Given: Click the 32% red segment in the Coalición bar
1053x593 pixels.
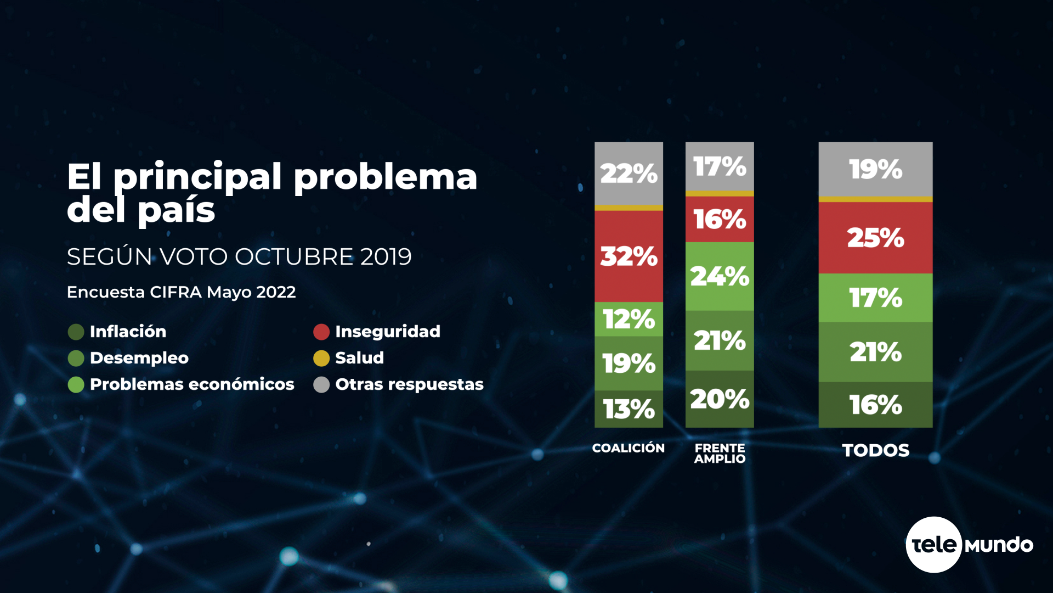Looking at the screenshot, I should [629, 256].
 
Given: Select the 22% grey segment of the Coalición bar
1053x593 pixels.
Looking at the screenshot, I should [629, 174].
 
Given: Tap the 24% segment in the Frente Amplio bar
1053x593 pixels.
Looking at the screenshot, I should [720, 276].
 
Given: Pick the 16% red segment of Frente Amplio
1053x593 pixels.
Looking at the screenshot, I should [720, 219].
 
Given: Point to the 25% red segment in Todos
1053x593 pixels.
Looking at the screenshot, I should [875, 238].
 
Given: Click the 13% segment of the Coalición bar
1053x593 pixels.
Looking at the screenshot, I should [629, 409].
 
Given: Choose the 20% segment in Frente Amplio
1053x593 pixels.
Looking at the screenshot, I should [720, 399].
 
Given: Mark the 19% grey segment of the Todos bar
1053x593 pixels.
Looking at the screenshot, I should [875, 169].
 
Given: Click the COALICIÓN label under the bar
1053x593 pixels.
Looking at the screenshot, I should [629, 448].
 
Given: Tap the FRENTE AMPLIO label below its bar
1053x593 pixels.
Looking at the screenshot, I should [720, 454].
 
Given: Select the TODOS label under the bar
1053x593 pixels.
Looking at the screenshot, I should [875, 450].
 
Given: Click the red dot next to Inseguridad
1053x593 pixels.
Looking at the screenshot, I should [321, 332].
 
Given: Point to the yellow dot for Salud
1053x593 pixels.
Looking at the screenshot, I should [321, 358].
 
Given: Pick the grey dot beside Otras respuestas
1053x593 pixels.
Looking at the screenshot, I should [321, 384].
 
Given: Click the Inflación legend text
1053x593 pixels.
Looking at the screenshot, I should [128, 332].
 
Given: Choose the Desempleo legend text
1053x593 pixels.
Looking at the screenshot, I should [139, 358].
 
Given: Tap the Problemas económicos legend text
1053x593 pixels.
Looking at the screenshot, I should [192, 384].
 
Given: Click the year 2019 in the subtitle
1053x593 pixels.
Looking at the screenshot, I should [386, 257].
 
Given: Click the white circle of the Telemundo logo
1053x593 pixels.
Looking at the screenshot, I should [933, 545].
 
